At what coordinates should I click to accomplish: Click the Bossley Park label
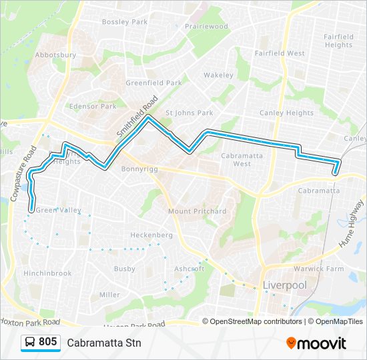[125, 22]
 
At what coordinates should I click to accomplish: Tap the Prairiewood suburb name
[207, 27]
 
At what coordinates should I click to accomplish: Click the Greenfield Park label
[153, 83]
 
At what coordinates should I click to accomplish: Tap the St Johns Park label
[189, 113]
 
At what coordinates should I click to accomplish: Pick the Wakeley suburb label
[219, 75]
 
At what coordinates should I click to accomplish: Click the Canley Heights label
[286, 113]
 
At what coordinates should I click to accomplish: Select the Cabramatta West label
[232, 159]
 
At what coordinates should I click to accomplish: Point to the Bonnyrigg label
[139, 169]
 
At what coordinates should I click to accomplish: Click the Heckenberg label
[151, 235]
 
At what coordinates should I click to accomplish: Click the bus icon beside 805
[30, 343]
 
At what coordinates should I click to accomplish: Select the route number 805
[48, 342]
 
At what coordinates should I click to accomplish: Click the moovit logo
[316, 343]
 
